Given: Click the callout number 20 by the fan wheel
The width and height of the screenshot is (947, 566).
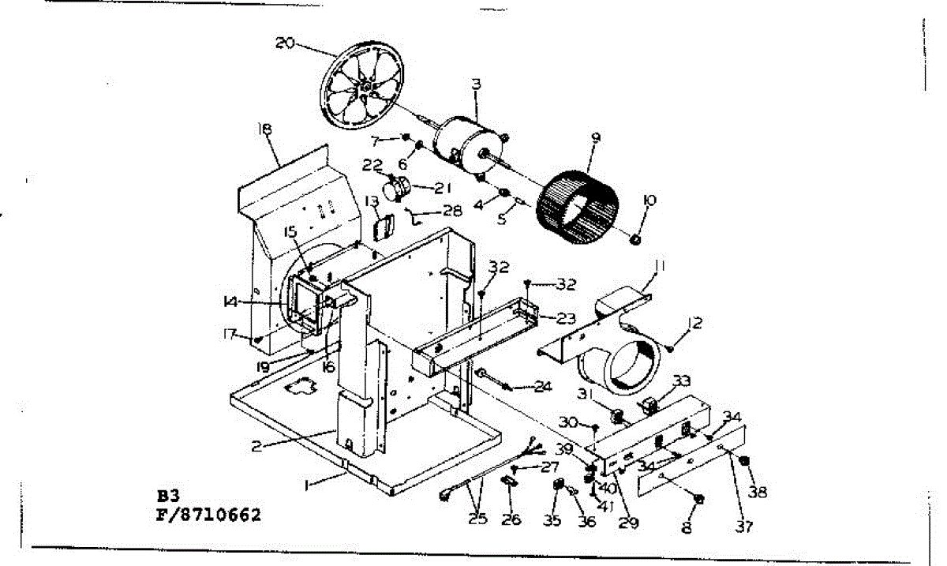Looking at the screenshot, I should click(285, 43).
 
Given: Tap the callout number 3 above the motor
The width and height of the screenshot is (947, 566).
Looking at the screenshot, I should click(476, 84).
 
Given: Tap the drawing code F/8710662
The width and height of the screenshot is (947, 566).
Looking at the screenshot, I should click(209, 516).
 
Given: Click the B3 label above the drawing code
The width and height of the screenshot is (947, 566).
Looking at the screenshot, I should click(168, 497).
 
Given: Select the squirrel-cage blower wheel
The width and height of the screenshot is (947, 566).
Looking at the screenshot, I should click(576, 206).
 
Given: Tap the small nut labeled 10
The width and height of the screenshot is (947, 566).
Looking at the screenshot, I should click(636, 237).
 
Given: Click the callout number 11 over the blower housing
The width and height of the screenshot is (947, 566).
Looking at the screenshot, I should click(659, 268).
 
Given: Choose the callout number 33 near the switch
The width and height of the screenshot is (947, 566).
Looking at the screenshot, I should click(680, 381).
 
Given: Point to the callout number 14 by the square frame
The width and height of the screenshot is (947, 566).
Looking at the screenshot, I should click(230, 302).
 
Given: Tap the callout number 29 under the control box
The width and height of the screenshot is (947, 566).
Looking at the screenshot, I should click(628, 523).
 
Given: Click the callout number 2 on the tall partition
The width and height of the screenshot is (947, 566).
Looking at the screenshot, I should click(256, 447).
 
